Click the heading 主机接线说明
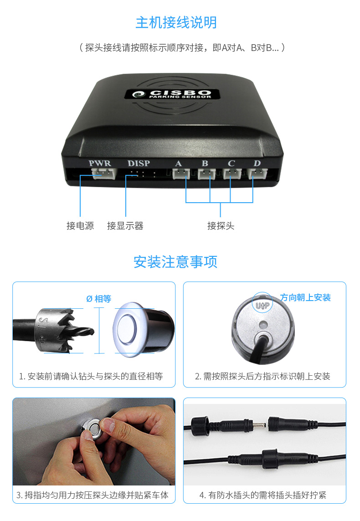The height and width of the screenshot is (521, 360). coord(176,23)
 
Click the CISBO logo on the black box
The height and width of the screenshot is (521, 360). coord(173,94)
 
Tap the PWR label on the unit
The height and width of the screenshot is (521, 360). coord(100,163)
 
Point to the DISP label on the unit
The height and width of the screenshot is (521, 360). coord(139,163)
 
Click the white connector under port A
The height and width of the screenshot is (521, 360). coord(181,174)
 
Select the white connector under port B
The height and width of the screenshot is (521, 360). coord(207,174)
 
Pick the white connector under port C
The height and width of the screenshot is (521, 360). coord(232,174)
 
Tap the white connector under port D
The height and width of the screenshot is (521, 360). coord(257,174)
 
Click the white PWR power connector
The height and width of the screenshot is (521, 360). coord(104,173)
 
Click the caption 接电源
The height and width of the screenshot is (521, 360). coord(80,226)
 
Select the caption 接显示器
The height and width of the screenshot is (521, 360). coord(125,226)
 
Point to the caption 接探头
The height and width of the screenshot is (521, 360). coord(221,226)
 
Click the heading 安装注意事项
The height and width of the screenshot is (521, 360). coord(175,262)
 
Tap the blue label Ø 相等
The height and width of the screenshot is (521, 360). coord(99,299)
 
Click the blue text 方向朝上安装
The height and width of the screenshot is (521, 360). coord(305,297)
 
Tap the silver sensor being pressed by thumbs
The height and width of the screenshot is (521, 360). coord(92,429)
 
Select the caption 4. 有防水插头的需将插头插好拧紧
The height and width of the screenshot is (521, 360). coord(262,495)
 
